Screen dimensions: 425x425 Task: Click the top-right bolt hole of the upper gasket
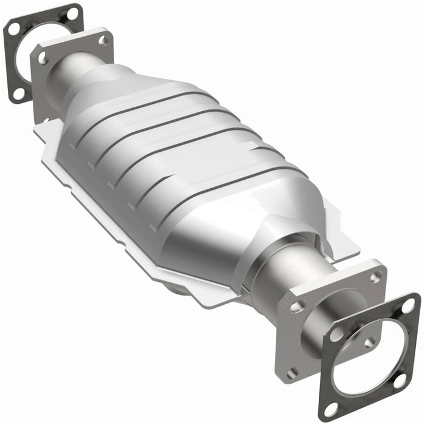pos(73,12)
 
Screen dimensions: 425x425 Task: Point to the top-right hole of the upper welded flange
pos(103,40)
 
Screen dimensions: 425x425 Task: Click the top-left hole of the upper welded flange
pos(43,58)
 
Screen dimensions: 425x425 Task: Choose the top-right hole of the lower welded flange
pos(376,276)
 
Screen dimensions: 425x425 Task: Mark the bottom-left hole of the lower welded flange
pos(293,371)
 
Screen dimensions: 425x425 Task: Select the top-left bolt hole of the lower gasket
pos(335,334)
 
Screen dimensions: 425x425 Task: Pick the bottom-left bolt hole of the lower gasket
pos(331,405)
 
